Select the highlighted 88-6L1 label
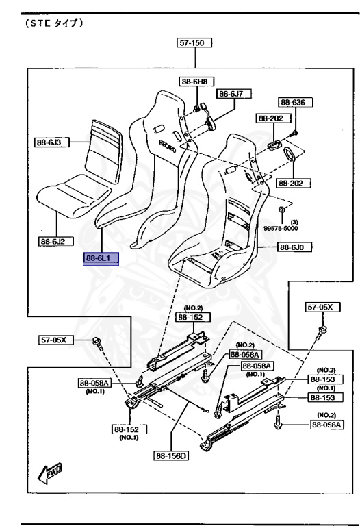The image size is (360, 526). click(101, 258)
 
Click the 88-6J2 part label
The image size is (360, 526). click(55, 241)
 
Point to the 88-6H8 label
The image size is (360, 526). click(196, 82)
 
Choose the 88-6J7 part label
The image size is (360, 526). click(234, 94)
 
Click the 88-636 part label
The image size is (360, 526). click(295, 102)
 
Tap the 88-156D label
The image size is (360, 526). click(171, 455)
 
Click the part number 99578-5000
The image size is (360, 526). click(280, 228)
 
